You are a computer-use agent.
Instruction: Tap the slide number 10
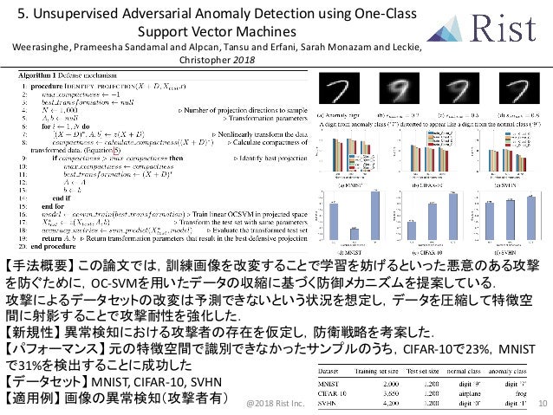[543, 404]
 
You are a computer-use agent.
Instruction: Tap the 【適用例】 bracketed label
[32, 399]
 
